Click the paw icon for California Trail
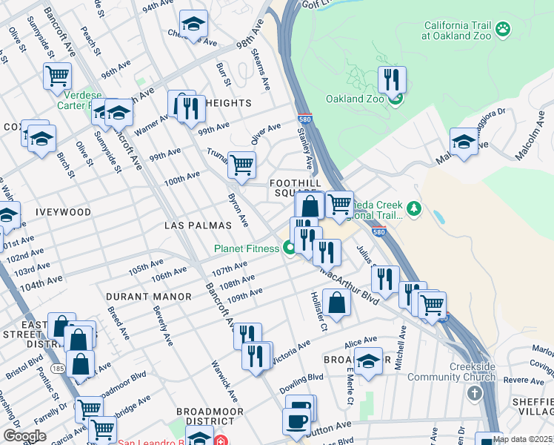point(504,29)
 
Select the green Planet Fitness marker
point(287,248)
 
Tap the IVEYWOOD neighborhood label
point(62,212)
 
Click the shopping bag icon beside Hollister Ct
point(336,302)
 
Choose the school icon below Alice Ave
point(368,360)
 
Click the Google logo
point(24,436)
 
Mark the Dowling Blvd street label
point(301,383)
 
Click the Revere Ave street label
point(527,380)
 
